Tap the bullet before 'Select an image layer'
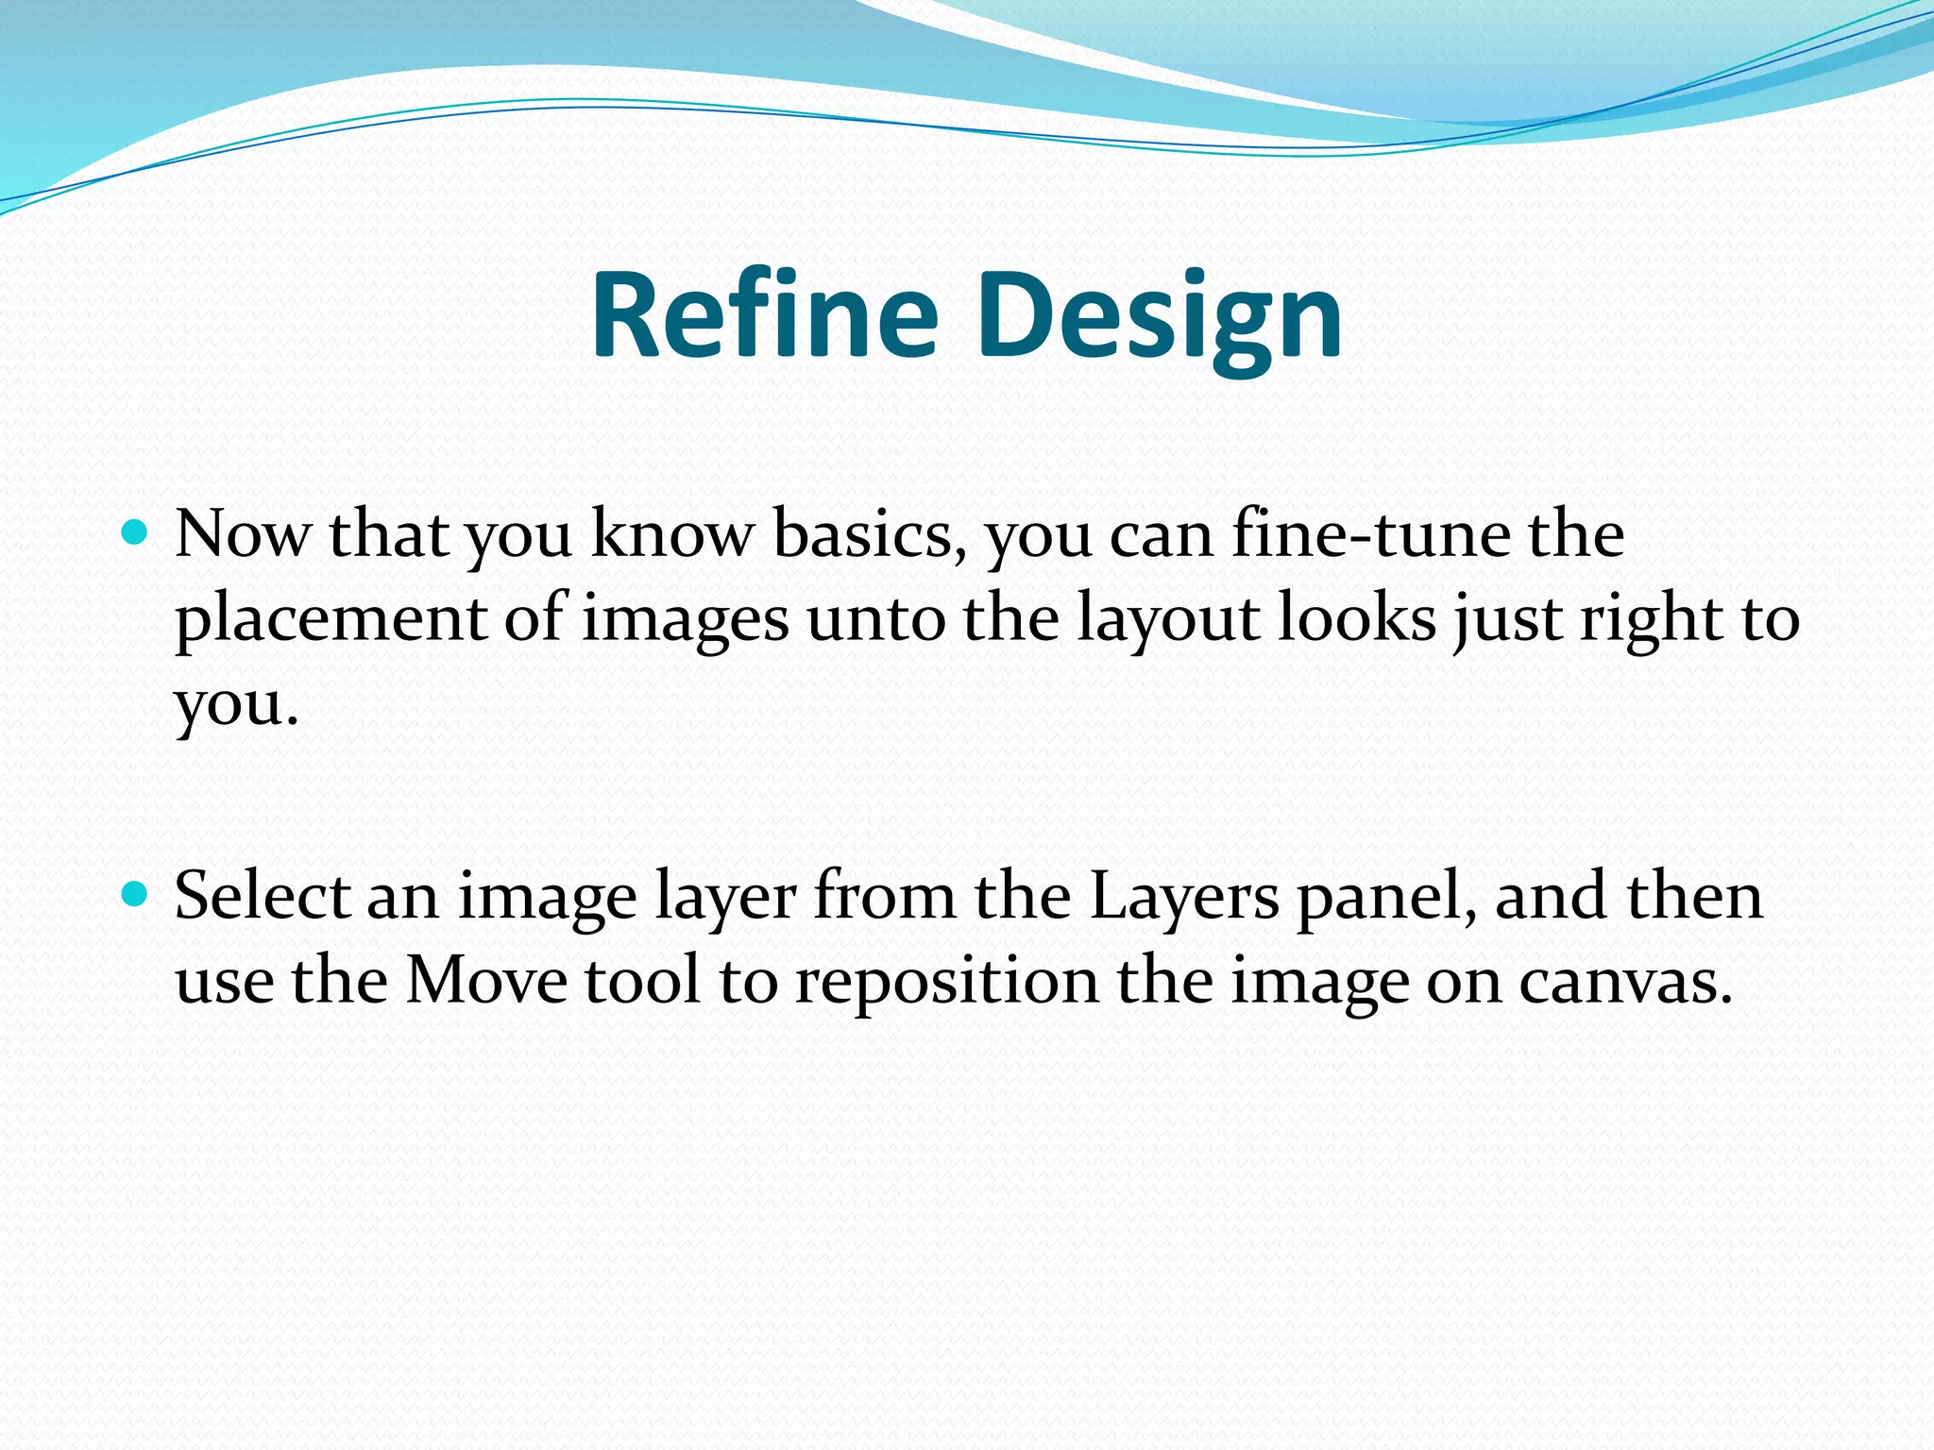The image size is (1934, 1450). [136, 894]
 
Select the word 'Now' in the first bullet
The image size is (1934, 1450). [242, 535]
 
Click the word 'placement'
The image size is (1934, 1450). [331, 620]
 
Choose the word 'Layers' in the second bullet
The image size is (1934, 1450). [1184, 896]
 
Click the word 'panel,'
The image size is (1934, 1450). [1388, 896]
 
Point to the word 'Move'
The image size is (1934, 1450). [486, 981]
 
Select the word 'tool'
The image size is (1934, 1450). [643, 981]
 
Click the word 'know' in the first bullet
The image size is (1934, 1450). [671, 535]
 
